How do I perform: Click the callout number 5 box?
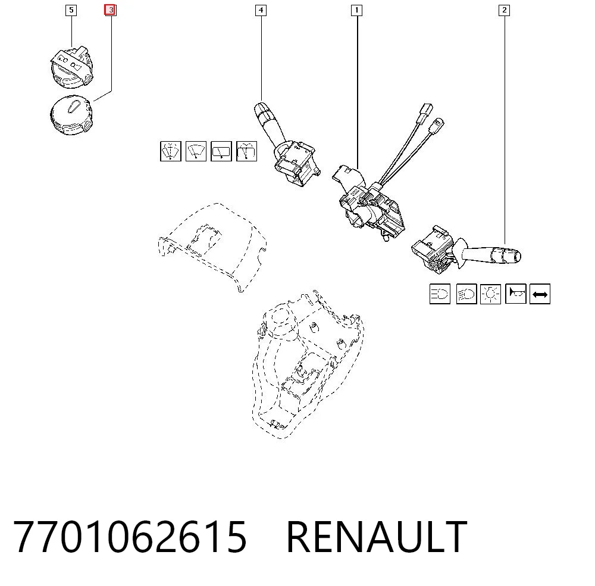click(71, 10)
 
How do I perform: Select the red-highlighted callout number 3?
click(111, 10)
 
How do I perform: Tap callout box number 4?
click(261, 10)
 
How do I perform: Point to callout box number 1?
click(356, 10)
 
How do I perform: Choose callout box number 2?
click(505, 10)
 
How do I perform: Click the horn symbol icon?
click(516, 294)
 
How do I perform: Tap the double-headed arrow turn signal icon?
click(540, 294)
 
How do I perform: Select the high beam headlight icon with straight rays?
click(440, 294)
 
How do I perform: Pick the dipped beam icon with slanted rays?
click(466, 294)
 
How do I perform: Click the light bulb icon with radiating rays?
click(491, 294)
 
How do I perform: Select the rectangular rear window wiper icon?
click(221, 151)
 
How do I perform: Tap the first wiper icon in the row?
click(171, 151)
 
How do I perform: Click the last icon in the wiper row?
click(247, 151)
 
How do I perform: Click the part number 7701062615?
click(130, 537)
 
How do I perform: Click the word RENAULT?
click(377, 537)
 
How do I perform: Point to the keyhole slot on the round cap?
click(73, 107)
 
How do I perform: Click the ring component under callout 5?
click(71, 67)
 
